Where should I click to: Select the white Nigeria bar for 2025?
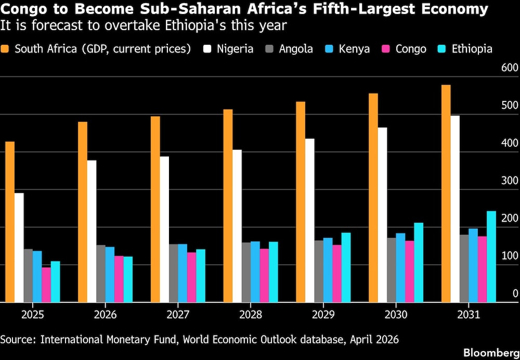19,248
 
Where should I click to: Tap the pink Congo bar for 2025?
46,285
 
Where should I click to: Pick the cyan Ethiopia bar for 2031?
491,256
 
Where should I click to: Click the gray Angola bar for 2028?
246,272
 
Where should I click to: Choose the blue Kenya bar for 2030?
400,267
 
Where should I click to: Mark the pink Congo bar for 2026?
119,279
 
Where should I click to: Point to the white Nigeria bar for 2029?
309,220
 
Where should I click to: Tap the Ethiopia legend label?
472,49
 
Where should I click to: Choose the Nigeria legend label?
235,49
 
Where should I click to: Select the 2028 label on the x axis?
251,315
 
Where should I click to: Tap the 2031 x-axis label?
469,315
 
